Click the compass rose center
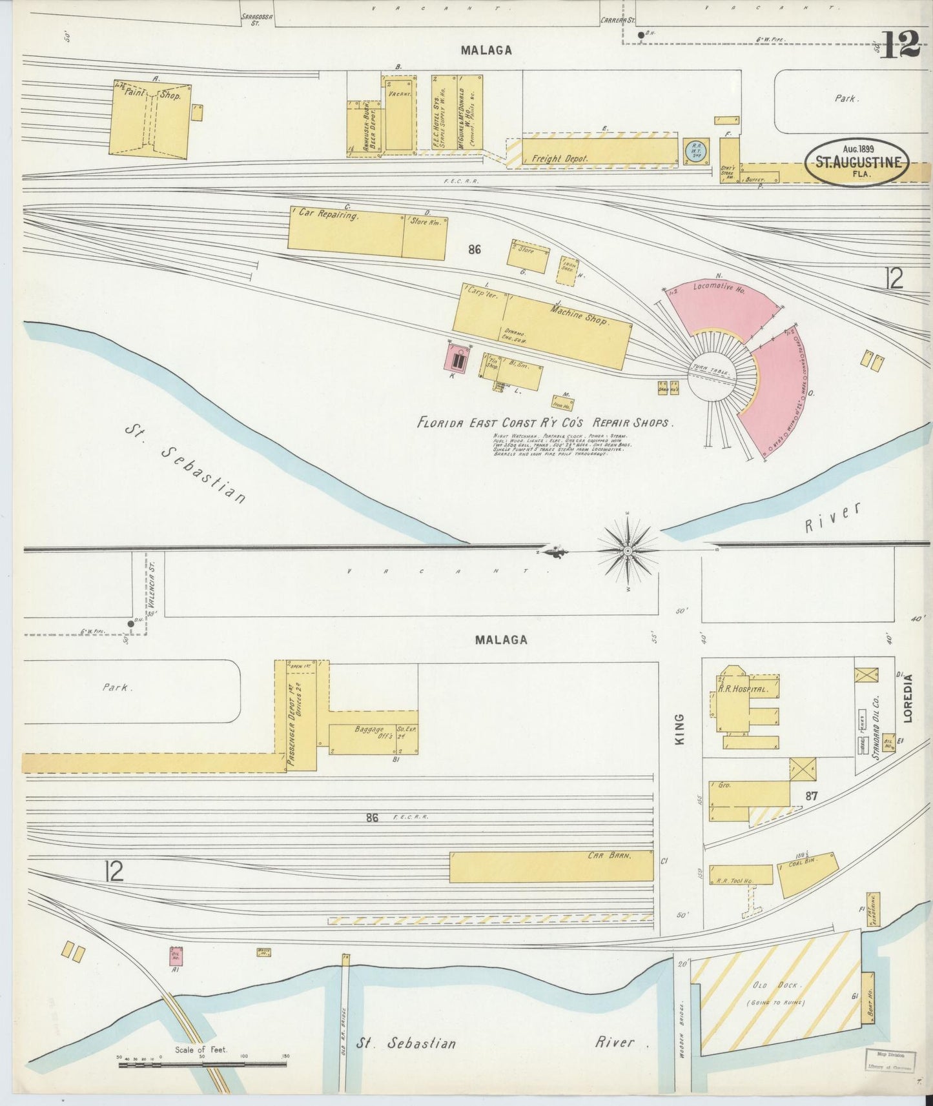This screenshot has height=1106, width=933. pos(628,550)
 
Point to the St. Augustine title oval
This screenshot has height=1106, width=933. pos(857,163)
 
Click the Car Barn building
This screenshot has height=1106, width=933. pos(552,866)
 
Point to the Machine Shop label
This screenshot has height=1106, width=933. pos(579,314)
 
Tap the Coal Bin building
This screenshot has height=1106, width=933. pos(807,874)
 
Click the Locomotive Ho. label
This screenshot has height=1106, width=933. pos(719,288)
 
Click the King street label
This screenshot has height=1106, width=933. pos(679,729)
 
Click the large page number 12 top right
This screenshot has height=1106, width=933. pos(900,44)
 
